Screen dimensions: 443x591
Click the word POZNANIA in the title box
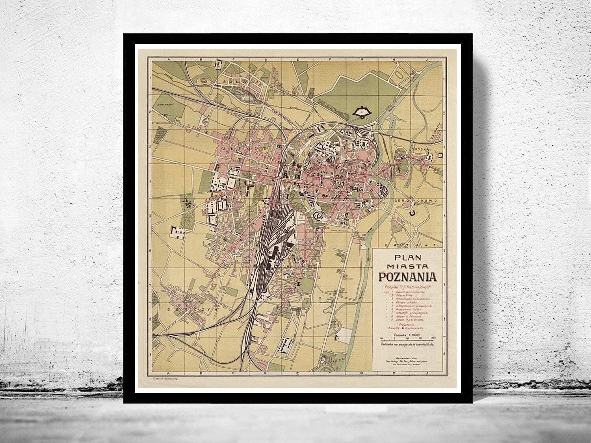coord(408,276)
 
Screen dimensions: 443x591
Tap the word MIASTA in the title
coord(408,265)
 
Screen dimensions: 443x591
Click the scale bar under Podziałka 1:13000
coord(407,338)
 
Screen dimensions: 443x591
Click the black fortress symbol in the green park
coord(360,112)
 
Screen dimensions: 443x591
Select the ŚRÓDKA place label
coord(424,150)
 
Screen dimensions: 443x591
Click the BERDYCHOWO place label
coord(414,200)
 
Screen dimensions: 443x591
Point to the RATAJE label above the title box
coord(420,245)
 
